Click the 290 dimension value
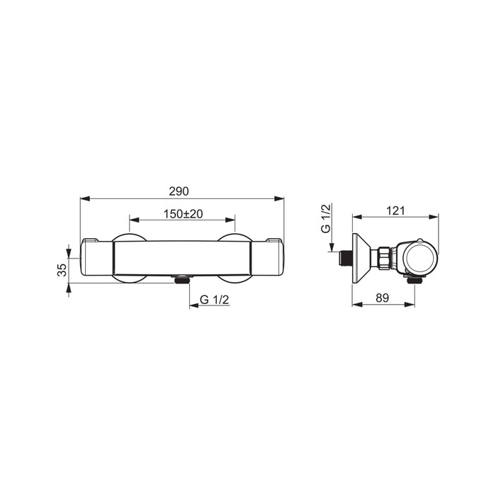pyautogui.click(x=179, y=191)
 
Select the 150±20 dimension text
pyautogui.click(x=183, y=214)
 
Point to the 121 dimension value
pyautogui.click(x=395, y=210)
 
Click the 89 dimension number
pyautogui.click(x=382, y=298)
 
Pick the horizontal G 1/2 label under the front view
pyautogui.click(x=214, y=300)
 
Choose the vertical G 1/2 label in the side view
pyautogui.click(x=326, y=218)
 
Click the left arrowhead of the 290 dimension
pyautogui.click(x=86, y=198)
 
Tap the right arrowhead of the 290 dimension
pyautogui.click(x=278, y=198)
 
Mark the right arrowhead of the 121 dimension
pyautogui.click(x=434, y=217)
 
